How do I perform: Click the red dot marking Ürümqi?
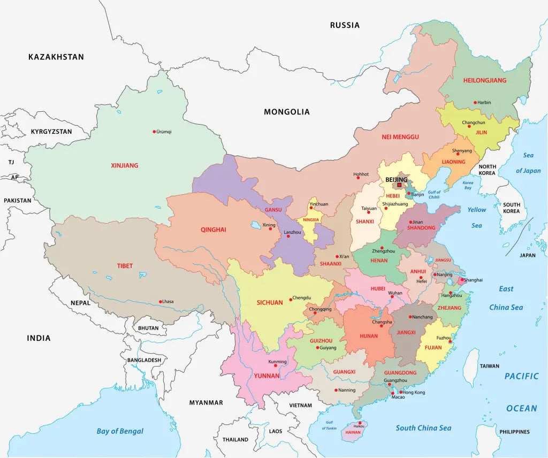(x=154, y=131)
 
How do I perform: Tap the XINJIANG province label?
(x=124, y=165)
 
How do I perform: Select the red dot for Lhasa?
(x=161, y=301)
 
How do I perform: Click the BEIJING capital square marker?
(x=399, y=185)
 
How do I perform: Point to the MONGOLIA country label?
(x=286, y=112)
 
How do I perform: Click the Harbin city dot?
(x=475, y=102)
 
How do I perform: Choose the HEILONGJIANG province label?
(x=484, y=80)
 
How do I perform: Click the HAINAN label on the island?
(x=353, y=431)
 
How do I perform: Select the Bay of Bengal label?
(x=120, y=431)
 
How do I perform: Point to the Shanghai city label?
(x=473, y=280)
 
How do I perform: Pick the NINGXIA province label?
(x=310, y=220)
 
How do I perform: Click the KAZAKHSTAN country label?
(x=56, y=57)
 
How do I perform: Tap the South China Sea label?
(x=423, y=428)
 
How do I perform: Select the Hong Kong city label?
(x=414, y=392)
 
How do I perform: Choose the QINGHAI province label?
(x=214, y=230)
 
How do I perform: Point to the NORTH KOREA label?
(x=487, y=170)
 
